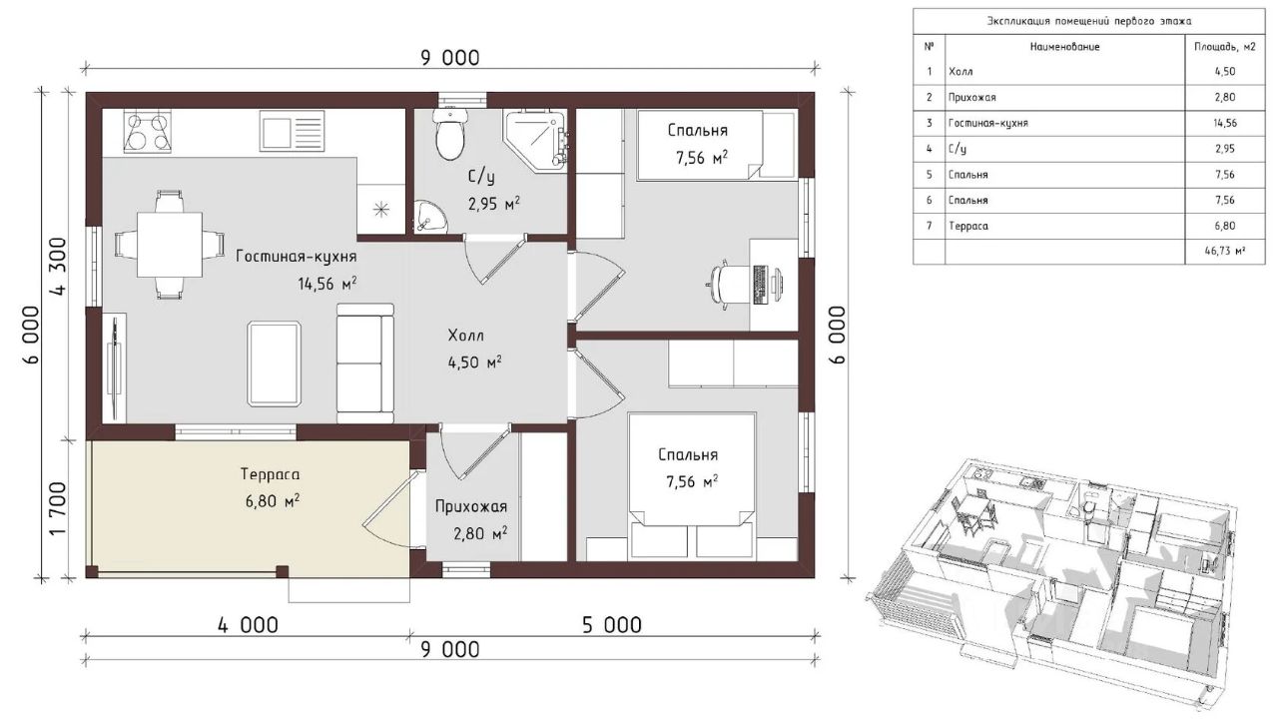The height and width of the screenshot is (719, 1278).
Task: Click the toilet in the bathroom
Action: [449, 134]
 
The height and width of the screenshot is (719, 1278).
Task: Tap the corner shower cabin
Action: [534, 141]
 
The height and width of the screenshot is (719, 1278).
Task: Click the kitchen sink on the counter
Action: [293, 131]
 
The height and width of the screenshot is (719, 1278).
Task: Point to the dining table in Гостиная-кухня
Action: [170, 245]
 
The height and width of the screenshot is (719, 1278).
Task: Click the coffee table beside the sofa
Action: [275, 364]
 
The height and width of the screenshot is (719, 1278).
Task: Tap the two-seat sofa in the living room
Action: [365, 362]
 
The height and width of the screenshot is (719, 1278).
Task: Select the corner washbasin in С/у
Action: [429, 217]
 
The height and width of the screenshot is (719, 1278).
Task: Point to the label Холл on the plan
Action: [465, 335]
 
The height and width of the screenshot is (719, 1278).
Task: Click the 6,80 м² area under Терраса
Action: [273, 501]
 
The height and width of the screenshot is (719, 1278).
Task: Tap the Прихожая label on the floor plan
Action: [471, 506]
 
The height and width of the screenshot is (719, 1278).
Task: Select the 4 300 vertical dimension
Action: [60, 266]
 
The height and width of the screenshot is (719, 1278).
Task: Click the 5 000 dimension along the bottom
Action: [612, 625]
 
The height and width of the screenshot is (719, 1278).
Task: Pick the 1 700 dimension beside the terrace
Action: [59, 508]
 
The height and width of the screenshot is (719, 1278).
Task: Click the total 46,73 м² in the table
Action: [1225, 251]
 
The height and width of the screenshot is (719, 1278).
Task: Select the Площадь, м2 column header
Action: [1225, 47]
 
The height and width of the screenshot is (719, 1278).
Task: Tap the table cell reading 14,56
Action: [1225, 123]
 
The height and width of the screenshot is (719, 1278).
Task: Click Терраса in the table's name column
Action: [968, 226]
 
